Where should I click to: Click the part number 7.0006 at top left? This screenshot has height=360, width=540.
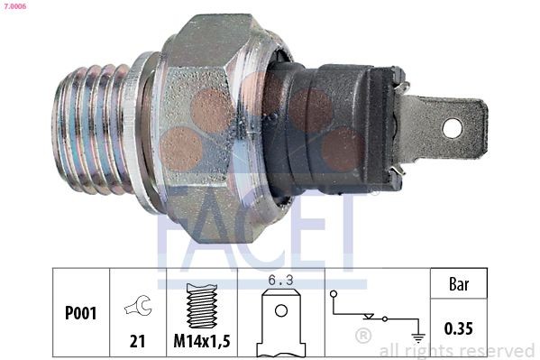coord(14,5)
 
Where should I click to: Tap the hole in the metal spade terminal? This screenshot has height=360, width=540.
coord(451,128)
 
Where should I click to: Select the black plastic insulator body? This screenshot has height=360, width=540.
coord(334,126)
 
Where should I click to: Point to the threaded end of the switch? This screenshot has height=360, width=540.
coord(90,126)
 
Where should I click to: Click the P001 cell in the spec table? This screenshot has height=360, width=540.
coord(80,314)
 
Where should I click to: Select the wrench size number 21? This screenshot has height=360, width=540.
coord(138,341)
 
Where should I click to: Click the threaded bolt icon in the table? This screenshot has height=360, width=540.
coord(202,307)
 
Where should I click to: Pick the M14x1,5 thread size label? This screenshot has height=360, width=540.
coord(203,342)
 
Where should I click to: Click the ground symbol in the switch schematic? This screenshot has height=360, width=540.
coord(418,338)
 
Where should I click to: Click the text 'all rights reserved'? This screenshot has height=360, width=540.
coord(456,350)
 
